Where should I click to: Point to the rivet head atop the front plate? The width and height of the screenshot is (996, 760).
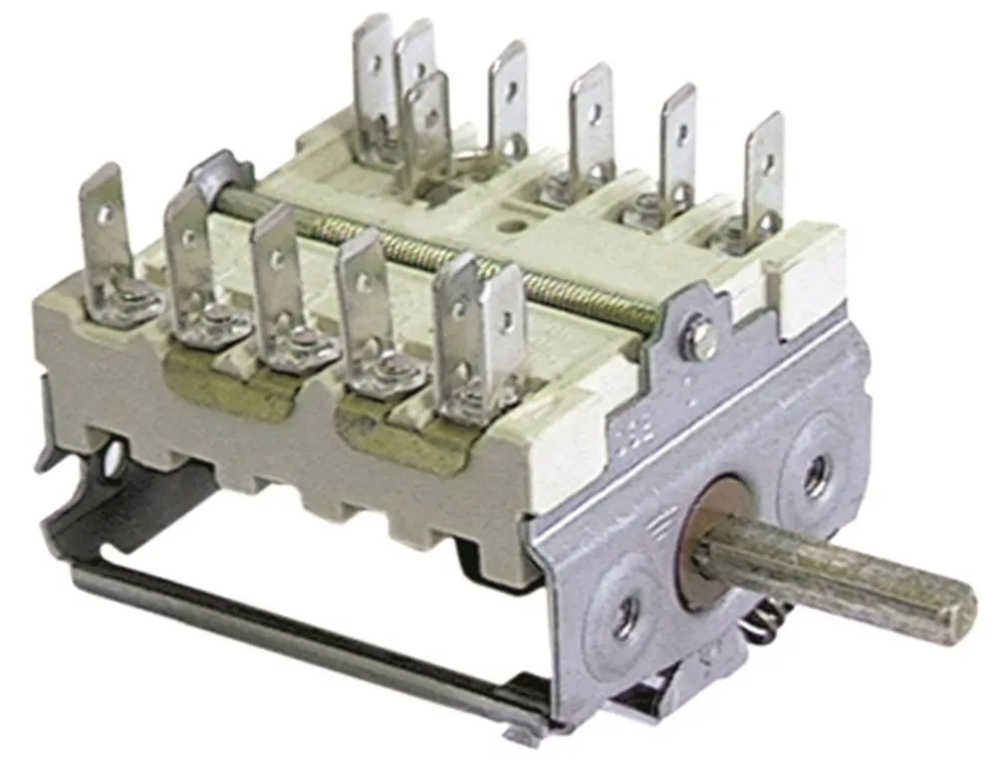(x=700, y=339)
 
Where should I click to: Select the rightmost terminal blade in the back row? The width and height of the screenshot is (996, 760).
(x=764, y=174)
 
